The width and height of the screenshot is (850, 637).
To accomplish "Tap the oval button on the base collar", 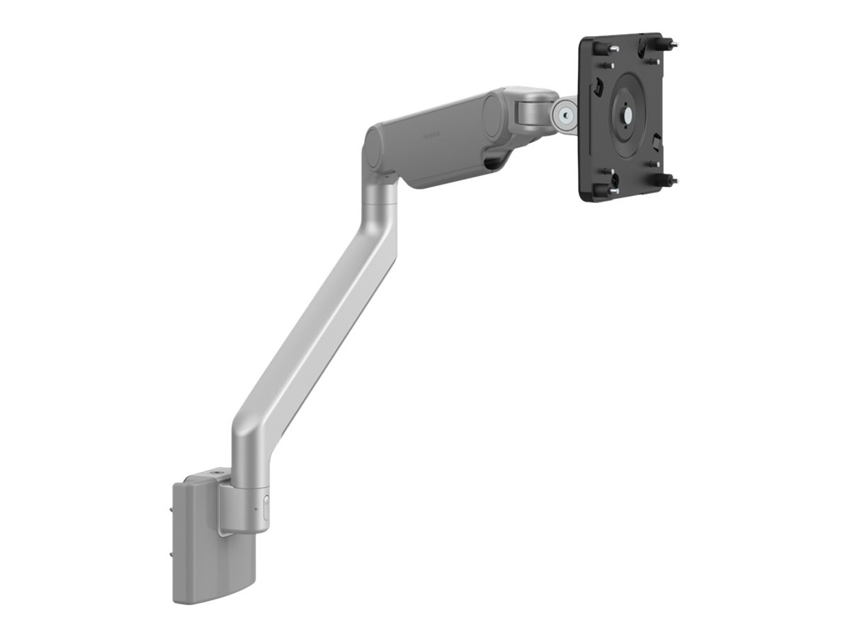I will [266, 509].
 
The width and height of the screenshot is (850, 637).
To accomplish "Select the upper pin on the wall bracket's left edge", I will [173, 505].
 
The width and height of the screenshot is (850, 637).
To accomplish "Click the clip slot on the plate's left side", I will [598, 86].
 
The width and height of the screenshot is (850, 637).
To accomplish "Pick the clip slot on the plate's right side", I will [657, 139].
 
